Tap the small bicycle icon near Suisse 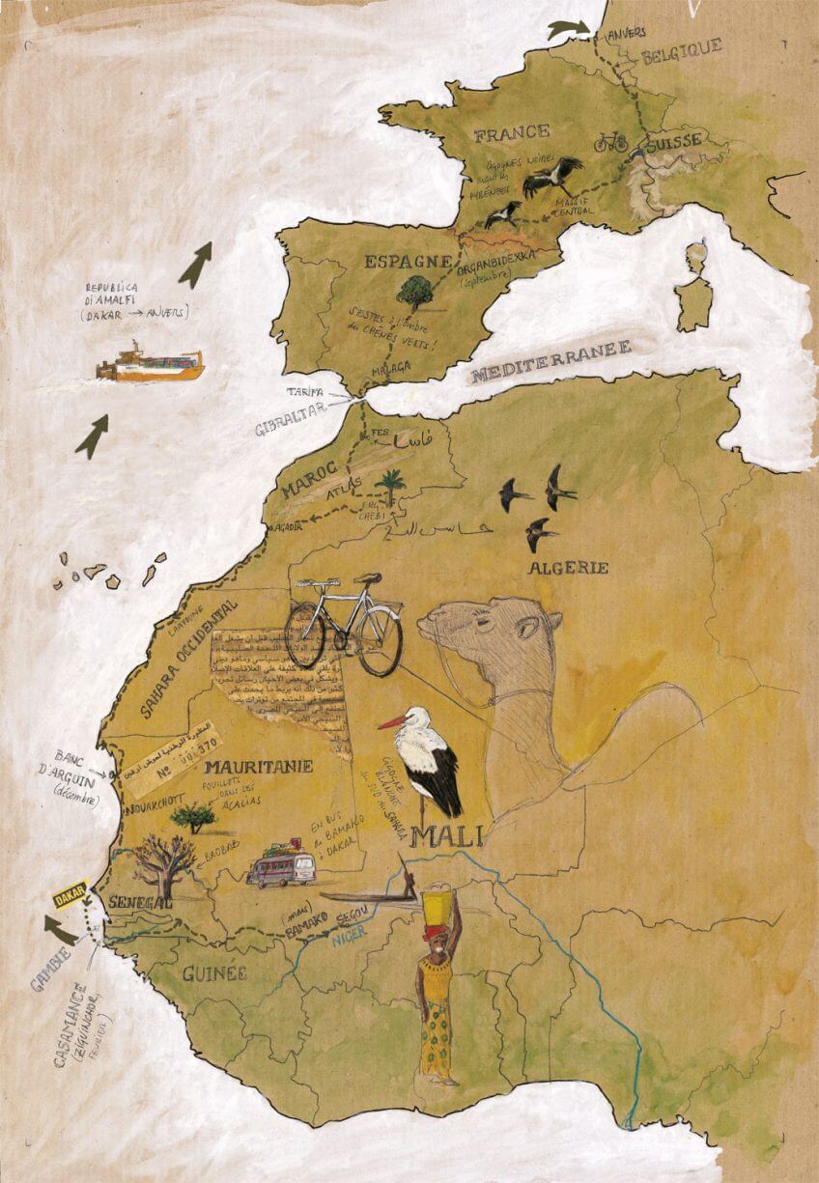point(610,143)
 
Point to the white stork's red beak point(390,723)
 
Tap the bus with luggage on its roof point(282,867)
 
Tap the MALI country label point(445,835)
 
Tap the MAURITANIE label point(259,768)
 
